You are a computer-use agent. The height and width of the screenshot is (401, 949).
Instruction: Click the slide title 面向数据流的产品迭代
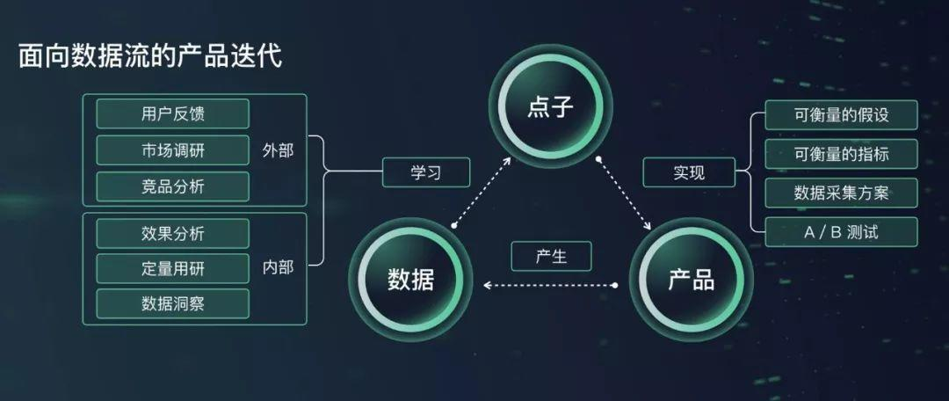click(x=149, y=57)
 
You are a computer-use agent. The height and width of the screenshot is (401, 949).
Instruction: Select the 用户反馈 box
click(x=172, y=113)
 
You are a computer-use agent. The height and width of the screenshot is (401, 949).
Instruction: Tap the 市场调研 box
click(x=172, y=150)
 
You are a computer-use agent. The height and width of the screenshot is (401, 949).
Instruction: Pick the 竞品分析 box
click(x=172, y=186)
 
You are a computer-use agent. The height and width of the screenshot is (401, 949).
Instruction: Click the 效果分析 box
click(x=172, y=234)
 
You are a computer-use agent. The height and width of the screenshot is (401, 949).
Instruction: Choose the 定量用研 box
click(x=172, y=268)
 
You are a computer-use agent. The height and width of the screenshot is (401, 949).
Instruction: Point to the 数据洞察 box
click(x=172, y=303)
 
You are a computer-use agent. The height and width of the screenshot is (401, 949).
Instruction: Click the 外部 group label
click(x=278, y=150)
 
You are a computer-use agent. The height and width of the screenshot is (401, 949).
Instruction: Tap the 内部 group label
click(x=278, y=267)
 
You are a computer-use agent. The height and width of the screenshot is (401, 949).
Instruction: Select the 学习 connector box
click(x=426, y=172)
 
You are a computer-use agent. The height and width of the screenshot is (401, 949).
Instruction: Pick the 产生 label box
click(x=551, y=256)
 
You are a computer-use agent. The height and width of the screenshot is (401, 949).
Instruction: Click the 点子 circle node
click(x=550, y=108)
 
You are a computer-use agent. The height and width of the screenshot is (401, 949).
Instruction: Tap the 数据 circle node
click(x=410, y=281)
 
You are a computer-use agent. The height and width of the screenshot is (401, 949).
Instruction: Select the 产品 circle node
click(x=692, y=281)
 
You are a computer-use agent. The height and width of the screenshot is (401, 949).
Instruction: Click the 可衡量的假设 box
click(x=841, y=114)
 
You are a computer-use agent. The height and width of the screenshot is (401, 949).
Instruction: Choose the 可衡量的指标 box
click(x=841, y=154)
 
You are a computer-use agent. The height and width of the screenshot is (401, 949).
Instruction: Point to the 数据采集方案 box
click(x=841, y=193)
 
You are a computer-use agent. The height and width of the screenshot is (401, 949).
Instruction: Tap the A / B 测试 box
click(x=841, y=232)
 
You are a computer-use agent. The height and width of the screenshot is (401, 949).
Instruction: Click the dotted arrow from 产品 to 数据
click(x=551, y=285)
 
